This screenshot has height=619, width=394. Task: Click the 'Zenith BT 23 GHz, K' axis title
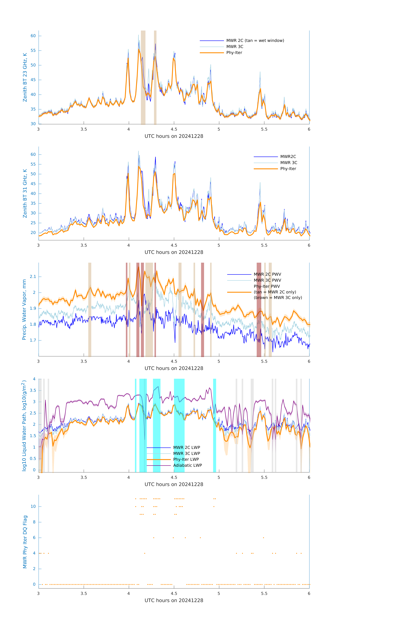[25, 77]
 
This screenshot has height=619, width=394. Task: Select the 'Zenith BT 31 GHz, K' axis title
[25, 193]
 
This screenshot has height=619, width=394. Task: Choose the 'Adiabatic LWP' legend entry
[187, 465]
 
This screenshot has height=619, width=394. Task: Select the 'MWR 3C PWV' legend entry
[267, 280]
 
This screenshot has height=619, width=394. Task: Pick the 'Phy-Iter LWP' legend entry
[186, 459]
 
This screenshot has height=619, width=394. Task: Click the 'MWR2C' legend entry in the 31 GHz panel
[288, 157]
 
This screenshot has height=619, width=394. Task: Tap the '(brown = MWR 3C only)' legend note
[278, 298]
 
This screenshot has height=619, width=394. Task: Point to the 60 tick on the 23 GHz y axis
[33, 36]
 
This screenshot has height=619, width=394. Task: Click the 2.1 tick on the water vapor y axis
[33, 277]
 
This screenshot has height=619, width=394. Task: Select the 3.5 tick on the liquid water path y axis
[33, 390]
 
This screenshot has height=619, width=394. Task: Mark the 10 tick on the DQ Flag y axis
[33, 506]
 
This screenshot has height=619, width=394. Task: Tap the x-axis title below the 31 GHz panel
[174, 252]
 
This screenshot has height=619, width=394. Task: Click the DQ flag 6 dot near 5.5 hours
[263, 537]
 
